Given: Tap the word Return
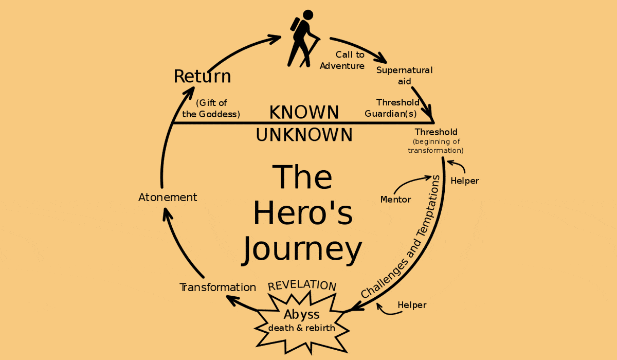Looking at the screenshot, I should click(202, 76).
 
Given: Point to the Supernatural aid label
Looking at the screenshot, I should click(404, 75).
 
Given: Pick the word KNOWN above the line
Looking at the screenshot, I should click(304, 112).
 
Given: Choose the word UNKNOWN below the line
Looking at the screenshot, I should click(304, 135).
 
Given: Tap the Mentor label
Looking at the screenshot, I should click(395, 199).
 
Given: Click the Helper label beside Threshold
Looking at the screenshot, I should click(464, 181).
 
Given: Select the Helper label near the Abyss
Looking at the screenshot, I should click(412, 305).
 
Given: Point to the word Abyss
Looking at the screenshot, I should click(301, 314).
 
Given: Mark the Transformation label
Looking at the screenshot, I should click(217, 287).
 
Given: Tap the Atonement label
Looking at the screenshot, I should click(168, 197).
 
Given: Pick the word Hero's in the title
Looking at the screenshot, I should click(303, 213).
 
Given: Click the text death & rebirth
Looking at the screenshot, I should click(301, 328).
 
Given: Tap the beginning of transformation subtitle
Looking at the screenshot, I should click(436, 146).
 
